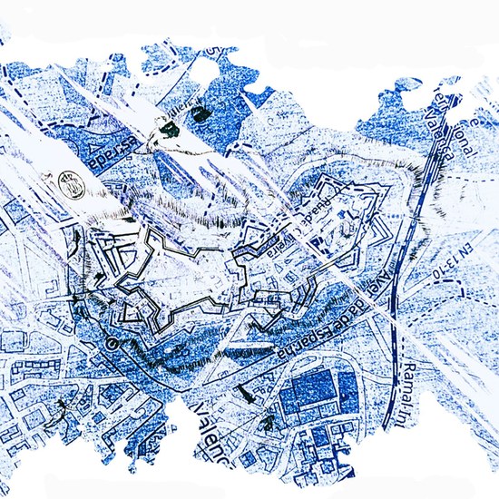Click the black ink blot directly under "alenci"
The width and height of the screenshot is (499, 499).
167,132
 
